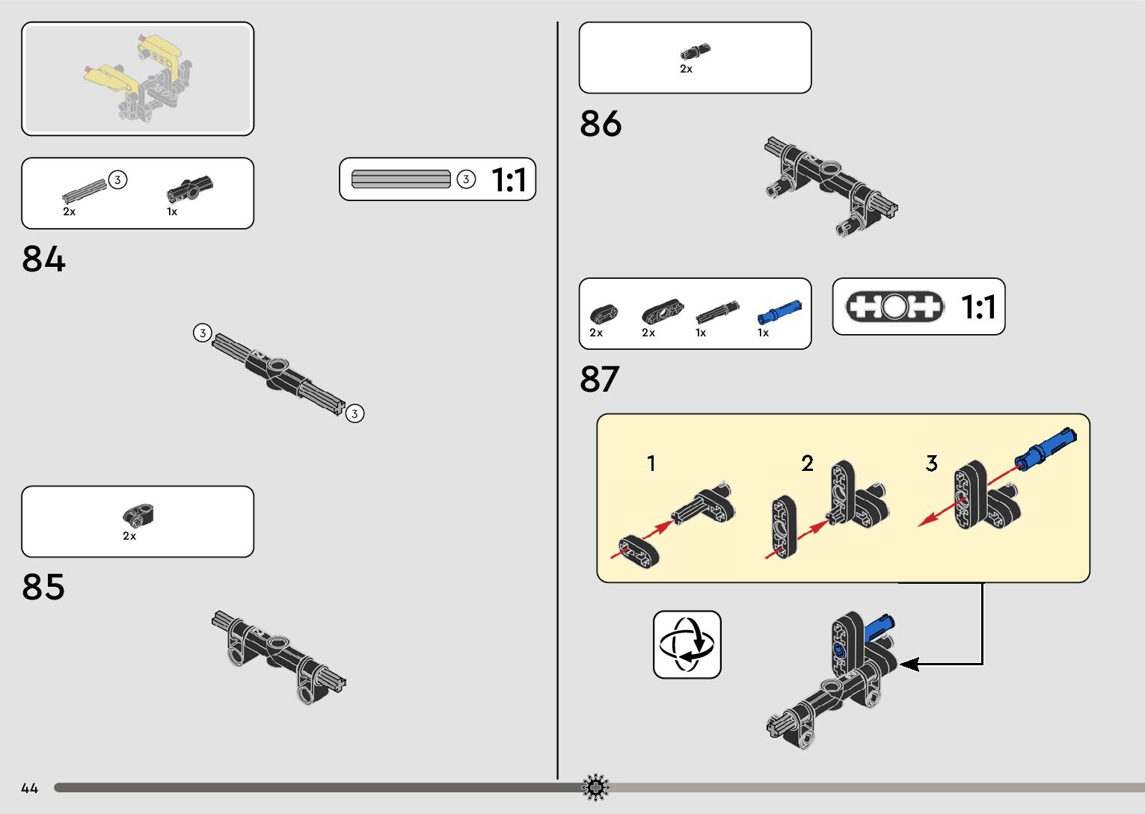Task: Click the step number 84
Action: tap(44, 259)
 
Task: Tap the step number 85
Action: tap(43, 588)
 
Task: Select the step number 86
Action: tap(601, 124)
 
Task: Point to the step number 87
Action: tap(600, 380)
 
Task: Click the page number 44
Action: tap(29, 788)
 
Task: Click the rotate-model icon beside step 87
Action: tap(687, 644)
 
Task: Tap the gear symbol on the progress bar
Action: tap(595, 787)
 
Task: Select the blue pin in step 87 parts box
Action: tap(779, 312)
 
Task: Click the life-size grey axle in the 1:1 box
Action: tap(401, 179)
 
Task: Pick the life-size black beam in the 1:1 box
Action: tap(894, 306)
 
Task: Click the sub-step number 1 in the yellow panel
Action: tap(651, 463)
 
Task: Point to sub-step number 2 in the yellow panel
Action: tap(807, 463)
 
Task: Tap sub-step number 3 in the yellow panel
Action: tap(931, 463)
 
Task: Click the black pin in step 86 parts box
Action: tap(695, 52)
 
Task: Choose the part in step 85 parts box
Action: tap(138, 515)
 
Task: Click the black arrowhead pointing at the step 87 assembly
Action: tap(908, 664)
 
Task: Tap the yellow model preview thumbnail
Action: tap(138, 78)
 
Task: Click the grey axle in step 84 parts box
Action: tap(84, 191)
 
